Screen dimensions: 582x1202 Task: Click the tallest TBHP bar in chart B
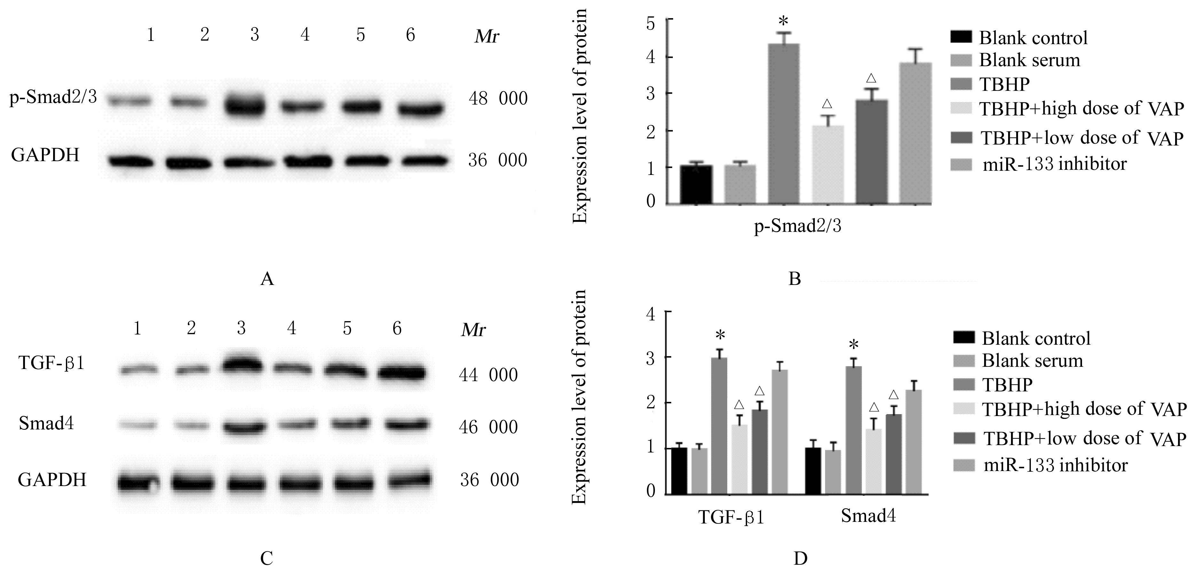[784, 123]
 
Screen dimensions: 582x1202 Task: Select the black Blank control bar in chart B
[696, 184]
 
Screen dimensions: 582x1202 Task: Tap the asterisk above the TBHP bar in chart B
[784, 21]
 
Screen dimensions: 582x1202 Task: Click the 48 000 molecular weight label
[498, 98]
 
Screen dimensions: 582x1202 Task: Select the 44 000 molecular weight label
[488, 374]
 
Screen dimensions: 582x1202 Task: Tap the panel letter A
[267, 279]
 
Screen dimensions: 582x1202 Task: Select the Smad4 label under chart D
[868, 516]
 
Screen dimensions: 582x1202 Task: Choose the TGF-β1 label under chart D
[731, 518]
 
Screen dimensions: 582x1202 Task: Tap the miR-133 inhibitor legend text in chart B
[1055, 164]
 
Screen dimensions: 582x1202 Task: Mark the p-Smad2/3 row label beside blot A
[53, 98]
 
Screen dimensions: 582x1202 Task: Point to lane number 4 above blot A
[305, 35]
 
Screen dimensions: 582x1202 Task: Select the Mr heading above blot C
[473, 330]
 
